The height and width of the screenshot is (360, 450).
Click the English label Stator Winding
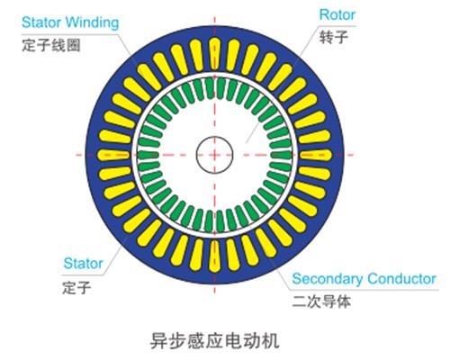click(70, 22)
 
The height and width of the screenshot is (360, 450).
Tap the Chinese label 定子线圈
click(51, 45)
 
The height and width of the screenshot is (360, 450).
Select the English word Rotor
click(337, 14)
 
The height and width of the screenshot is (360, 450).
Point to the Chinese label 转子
click(334, 37)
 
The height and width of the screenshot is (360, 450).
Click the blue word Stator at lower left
click(83, 264)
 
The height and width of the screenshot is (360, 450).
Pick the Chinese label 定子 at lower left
click(76, 287)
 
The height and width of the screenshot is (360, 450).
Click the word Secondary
click(328, 279)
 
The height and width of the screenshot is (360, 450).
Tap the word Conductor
click(401, 278)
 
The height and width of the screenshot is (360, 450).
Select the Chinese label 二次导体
click(321, 301)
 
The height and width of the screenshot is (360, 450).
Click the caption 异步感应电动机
click(215, 340)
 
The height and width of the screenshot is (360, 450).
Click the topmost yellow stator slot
click(214, 54)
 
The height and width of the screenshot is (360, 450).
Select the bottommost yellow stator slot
click(214, 256)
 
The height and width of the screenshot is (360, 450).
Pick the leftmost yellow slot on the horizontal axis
click(113, 155)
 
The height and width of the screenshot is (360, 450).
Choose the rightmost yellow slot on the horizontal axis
click(315, 155)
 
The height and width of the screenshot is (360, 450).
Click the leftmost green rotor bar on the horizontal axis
click(148, 155)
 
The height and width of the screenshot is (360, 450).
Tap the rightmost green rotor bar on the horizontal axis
click(281, 155)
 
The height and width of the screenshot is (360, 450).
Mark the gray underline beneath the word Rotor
click(337, 26)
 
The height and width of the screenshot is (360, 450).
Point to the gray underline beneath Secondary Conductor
click(364, 290)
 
